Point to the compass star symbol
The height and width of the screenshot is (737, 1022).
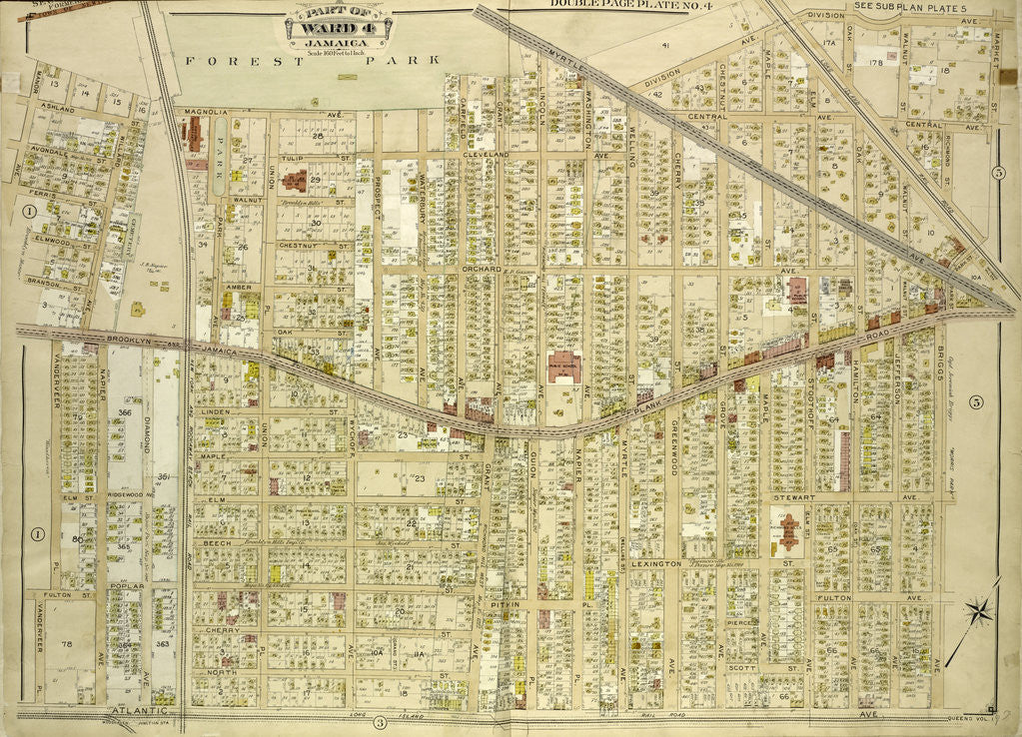pos(978,610)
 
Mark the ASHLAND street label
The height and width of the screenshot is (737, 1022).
pos(58,105)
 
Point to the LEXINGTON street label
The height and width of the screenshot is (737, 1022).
pos(655,564)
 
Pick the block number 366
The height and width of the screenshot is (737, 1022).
pos(125,412)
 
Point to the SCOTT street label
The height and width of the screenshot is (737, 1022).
pos(740,668)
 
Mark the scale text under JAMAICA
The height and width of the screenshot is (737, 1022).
pos(339,50)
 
